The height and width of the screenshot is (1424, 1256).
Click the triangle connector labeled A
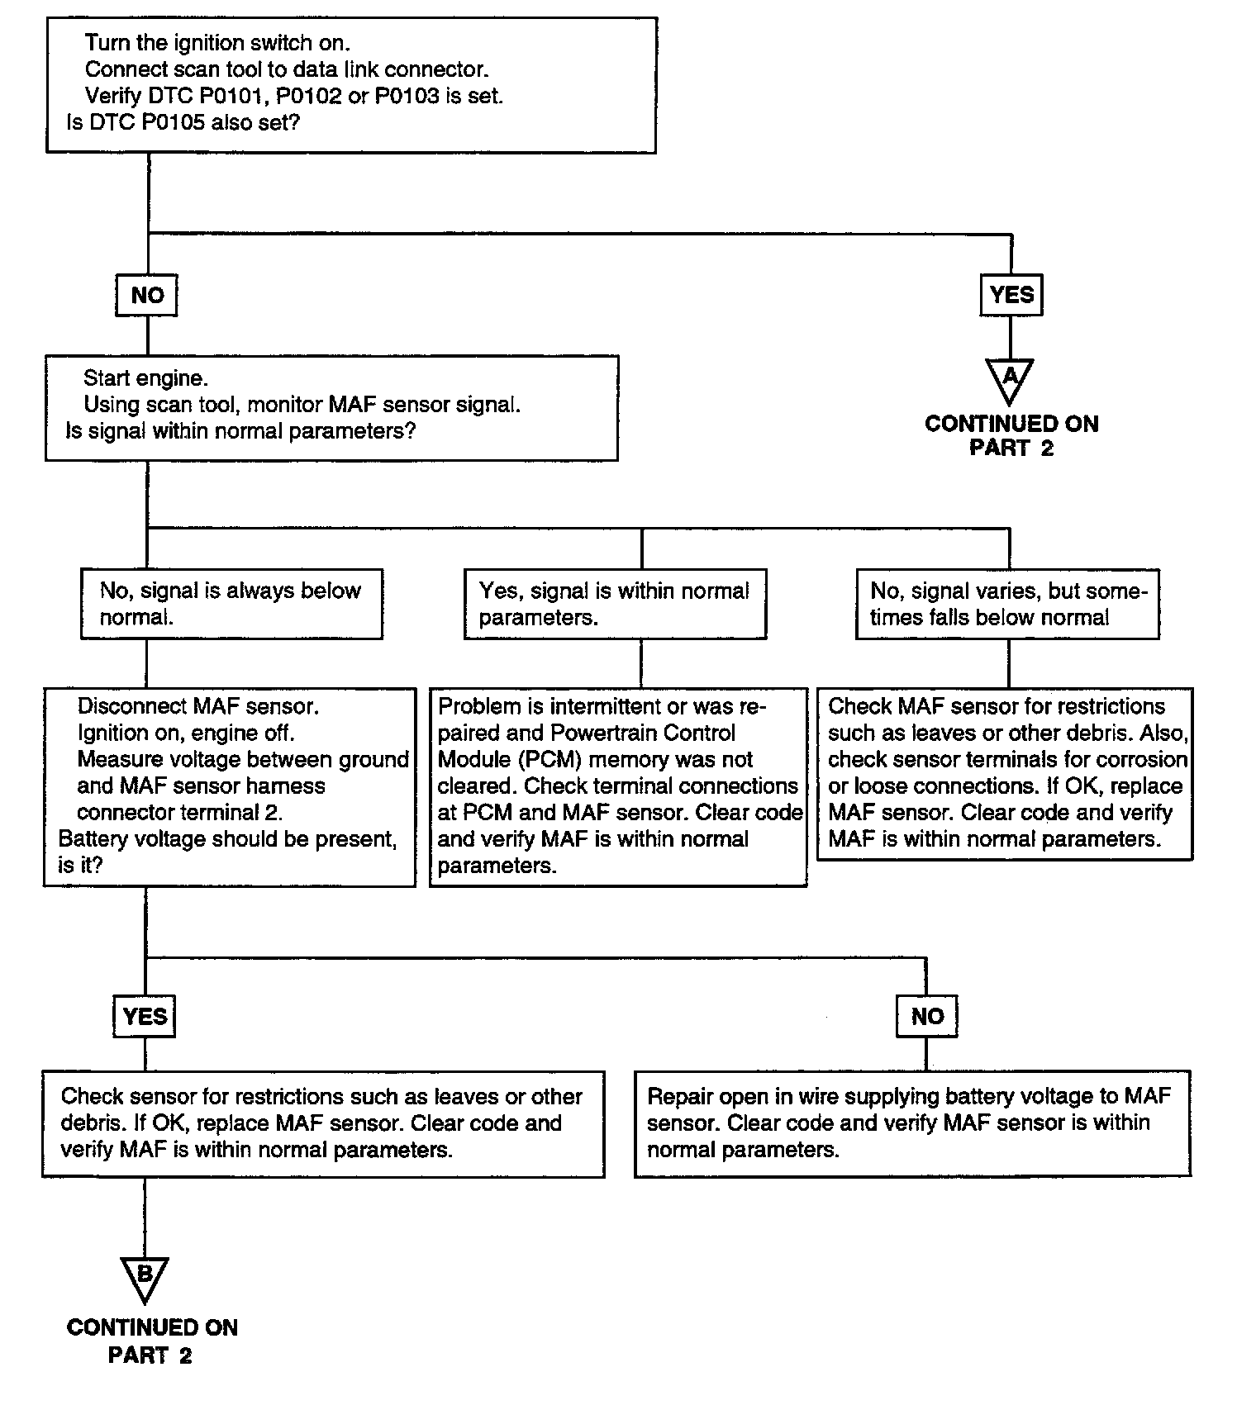(1011, 377)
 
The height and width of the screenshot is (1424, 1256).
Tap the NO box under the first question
(147, 295)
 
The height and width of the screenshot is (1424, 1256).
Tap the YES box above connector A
(1011, 295)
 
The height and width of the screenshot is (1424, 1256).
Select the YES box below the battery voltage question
(145, 1016)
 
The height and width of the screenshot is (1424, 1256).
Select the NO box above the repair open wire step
(927, 1016)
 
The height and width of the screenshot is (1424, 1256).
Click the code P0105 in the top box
(159, 123)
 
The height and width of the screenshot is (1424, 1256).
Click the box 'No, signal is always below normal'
(231, 604)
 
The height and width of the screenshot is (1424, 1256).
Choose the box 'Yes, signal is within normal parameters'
(616, 604)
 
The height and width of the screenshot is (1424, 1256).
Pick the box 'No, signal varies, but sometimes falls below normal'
(1007, 604)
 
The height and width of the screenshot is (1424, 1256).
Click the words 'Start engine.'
(145, 378)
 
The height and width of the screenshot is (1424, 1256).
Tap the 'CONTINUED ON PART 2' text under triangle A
(1011, 435)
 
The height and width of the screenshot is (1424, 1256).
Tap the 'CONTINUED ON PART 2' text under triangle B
(152, 1341)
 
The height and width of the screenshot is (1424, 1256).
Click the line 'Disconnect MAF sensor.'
(198, 706)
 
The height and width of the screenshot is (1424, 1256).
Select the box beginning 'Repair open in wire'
(913, 1123)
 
